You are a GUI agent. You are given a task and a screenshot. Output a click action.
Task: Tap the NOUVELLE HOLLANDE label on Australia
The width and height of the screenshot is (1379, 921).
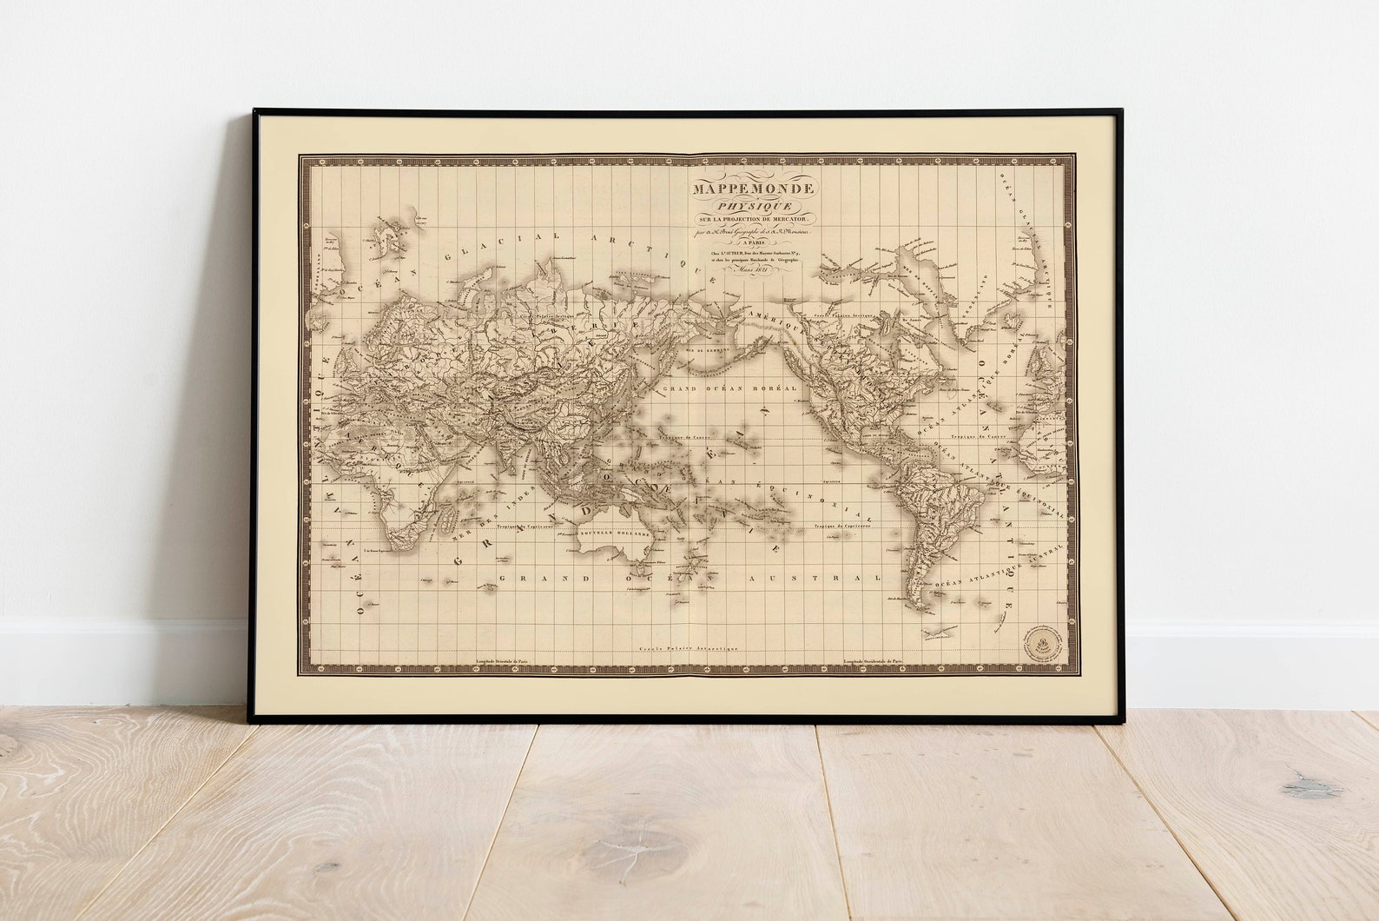(614, 533)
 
